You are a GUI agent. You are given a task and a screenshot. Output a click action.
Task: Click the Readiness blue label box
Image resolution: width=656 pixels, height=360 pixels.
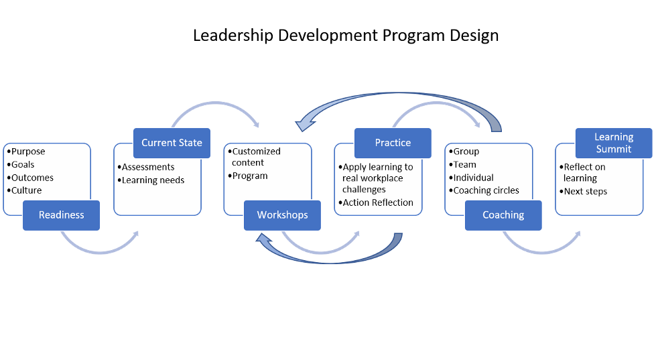coord(61,215)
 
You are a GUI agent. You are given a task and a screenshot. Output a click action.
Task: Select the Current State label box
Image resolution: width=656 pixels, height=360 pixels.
coord(172,143)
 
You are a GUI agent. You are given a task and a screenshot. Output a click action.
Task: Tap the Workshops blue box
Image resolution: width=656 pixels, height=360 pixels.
coord(282,215)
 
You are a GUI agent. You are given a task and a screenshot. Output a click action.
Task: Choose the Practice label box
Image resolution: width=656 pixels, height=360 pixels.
coord(393,143)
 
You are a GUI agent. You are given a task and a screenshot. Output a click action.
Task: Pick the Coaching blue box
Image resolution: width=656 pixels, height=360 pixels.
coord(503,215)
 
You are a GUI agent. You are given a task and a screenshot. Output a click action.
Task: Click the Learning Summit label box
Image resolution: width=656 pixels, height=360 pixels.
coord(614,143)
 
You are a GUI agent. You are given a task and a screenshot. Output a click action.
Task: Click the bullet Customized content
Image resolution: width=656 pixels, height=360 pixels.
coord(255,157)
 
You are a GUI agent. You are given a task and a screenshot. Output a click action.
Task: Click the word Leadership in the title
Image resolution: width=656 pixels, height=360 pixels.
coord(233,36)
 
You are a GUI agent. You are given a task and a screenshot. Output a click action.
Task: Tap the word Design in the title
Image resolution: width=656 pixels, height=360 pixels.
coord(474,36)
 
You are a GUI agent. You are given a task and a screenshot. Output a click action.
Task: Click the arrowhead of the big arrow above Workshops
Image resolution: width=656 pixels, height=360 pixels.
coord(306,123)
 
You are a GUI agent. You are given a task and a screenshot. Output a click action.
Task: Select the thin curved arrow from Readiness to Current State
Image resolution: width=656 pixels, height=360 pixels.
coord(100,247)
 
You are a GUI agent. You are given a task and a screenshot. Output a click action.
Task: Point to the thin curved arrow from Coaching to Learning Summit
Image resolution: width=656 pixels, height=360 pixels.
coord(542,247)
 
